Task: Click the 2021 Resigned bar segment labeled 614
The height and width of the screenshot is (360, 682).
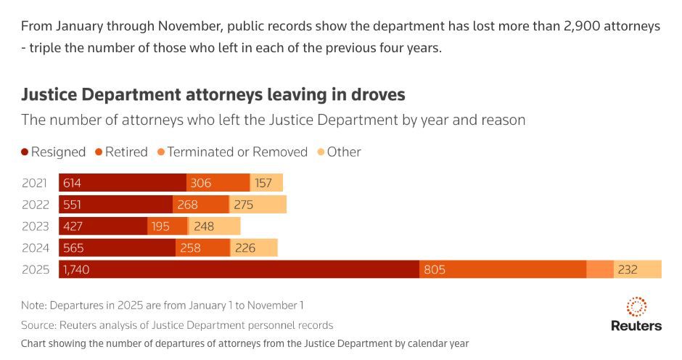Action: (x=123, y=183)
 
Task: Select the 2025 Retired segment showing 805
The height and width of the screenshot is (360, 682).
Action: (x=503, y=269)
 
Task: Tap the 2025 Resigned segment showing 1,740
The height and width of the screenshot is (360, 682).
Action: (x=239, y=269)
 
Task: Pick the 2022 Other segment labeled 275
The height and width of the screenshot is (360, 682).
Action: (x=258, y=205)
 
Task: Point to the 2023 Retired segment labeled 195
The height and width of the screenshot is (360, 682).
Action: (x=167, y=226)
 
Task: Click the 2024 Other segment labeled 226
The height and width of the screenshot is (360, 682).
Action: (x=254, y=247)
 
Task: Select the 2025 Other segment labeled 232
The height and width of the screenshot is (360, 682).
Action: (x=637, y=269)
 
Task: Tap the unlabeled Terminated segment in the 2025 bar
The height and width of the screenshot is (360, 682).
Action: (x=600, y=269)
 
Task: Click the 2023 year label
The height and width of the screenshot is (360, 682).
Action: (x=35, y=226)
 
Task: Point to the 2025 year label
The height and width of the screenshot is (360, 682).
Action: (x=35, y=269)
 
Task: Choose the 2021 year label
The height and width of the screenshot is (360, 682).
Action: (x=35, y=183)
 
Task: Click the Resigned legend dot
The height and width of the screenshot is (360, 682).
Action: (x=25, y=152)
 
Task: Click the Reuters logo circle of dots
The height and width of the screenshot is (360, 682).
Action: (x=636, y=306)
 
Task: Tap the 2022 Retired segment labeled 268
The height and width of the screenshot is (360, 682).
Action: (x=201, y=205)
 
